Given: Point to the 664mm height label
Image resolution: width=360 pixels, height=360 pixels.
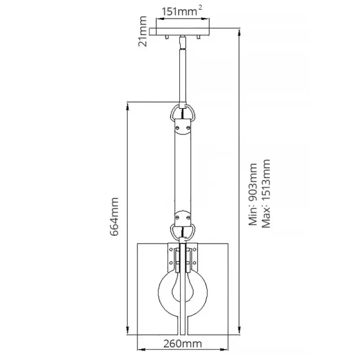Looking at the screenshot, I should tap(118, 217).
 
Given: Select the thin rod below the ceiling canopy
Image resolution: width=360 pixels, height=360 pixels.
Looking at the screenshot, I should tap(182, 72).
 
